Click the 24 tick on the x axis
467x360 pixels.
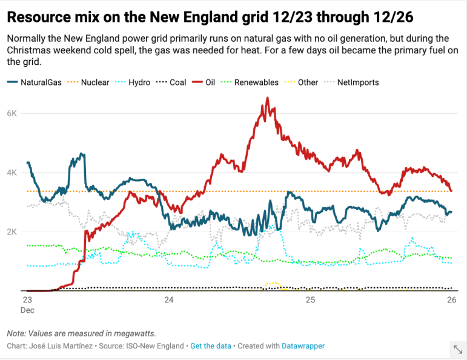click(169, 300)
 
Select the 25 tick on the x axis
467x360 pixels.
click(310, 300)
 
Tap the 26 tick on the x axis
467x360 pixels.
click(451, 300)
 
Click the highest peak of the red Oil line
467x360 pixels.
click(268, 98)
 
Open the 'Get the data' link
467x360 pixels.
click(210, 345)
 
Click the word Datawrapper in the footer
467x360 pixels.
click(303, 345)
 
